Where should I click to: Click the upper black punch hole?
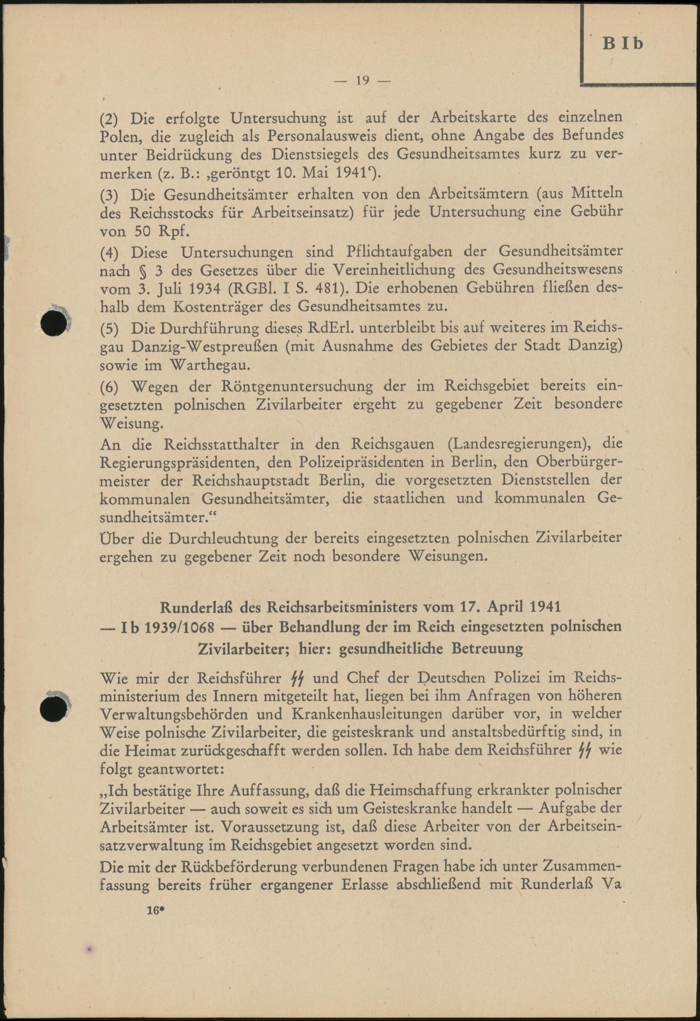[x=53, y=323]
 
